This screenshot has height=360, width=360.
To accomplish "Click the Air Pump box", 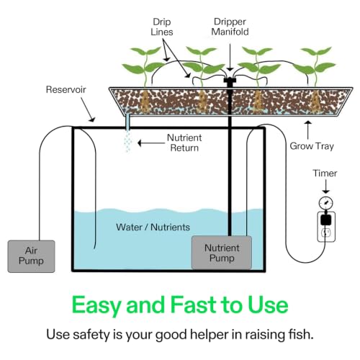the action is [x=31, y=256].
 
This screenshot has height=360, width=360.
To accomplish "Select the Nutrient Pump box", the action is [x=222, y=253].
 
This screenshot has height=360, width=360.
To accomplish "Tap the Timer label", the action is [x=325, y=174].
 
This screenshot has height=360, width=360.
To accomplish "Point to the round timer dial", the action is [x=326, y=203].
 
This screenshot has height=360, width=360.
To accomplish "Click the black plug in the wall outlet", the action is [x=325, y=219].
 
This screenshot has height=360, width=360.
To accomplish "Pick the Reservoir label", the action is [x=66, y=89].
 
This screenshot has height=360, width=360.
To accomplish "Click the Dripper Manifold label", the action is [x=230, y=27].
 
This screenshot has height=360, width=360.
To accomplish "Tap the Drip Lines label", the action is [x=162, y=27].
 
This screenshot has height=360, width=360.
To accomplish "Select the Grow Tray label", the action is [x=312, y=146].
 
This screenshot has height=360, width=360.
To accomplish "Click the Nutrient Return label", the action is [x=184, y=143].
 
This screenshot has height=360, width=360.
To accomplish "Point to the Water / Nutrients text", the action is [x=153, y=227].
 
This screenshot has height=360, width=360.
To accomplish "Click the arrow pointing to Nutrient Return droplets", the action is [x=151, y=143].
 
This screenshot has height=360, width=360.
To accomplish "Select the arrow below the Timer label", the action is [x=325, y=186].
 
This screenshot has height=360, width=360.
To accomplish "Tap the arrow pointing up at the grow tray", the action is [x=308, y=130].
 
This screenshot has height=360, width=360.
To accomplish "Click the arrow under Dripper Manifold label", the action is [x=230, y=57].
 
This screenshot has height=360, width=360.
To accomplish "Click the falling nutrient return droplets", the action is [x=127, y=141].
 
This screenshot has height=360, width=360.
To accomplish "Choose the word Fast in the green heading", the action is [x=194, y=305].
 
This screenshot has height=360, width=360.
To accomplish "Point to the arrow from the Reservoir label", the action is [x=88, y=109].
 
